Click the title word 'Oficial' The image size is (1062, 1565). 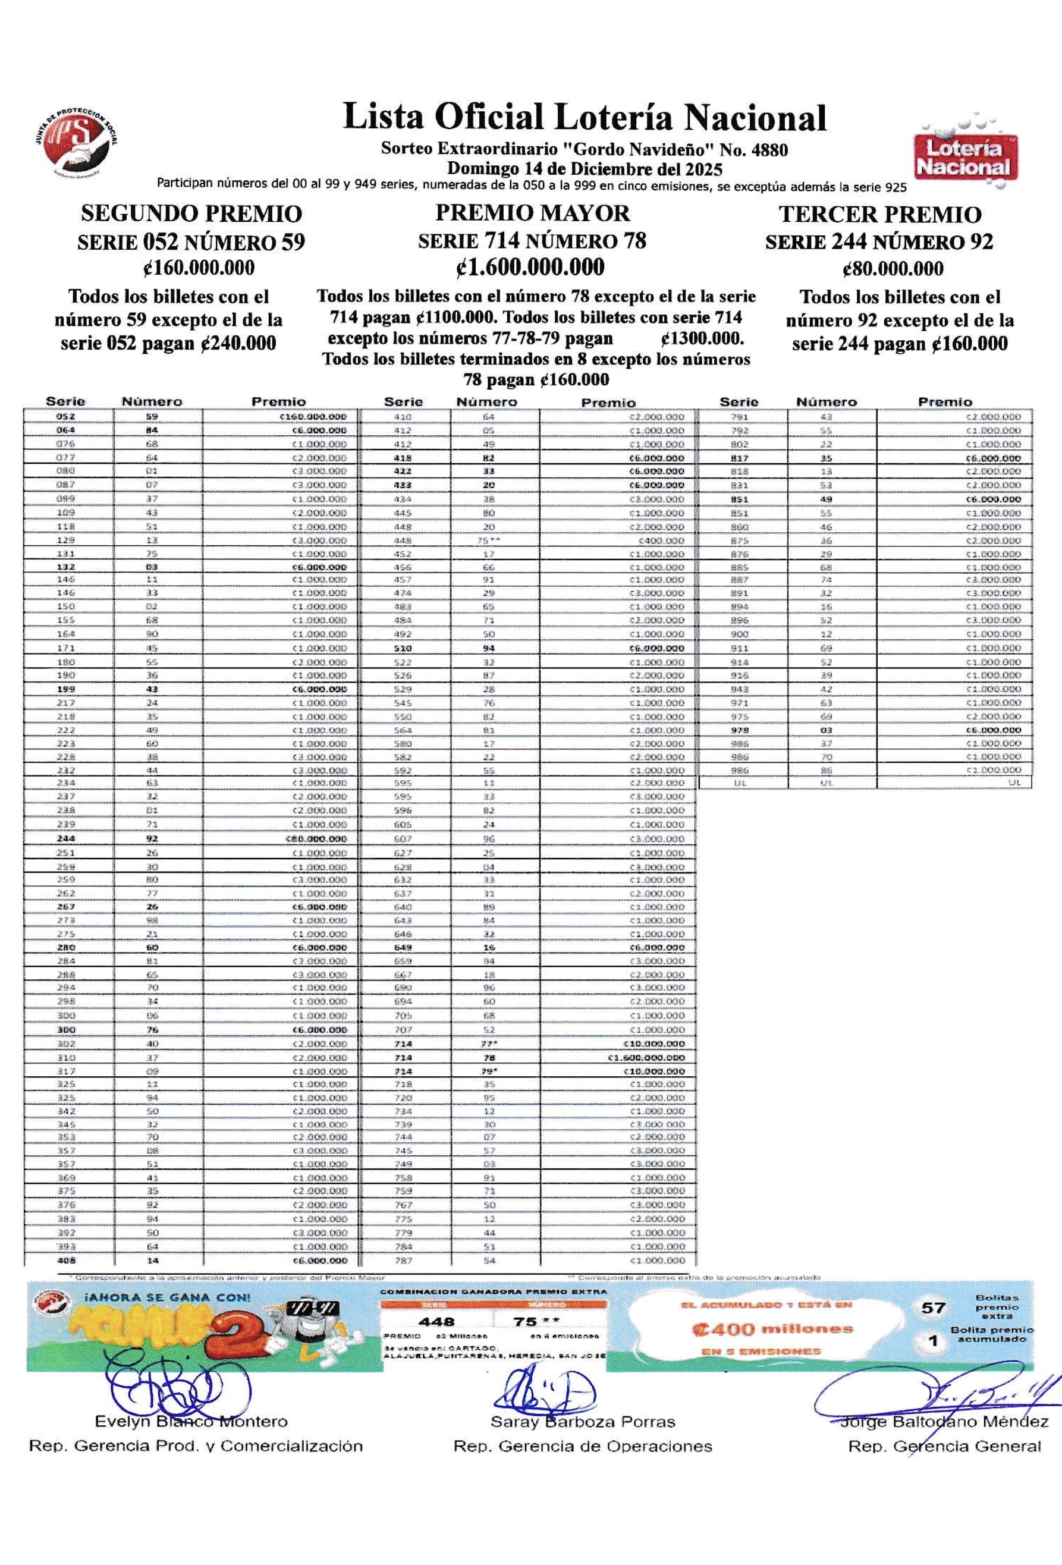pyautogui.click(x=489, y=117)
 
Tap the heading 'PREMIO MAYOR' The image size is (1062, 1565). pyautogui.click(x=532, y=213)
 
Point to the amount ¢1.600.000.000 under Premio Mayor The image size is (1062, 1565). pyautogui.click(x=530, y=268)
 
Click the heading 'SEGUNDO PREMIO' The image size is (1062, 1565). pyautogui.click(x=191, y=213)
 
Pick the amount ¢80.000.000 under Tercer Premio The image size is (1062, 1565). pyautogui.click(x=893, y=269)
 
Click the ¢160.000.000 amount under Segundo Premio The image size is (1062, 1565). pyautogui.click(x=199, y=268)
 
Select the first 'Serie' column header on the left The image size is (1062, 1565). pyautogui.click(x=65, y=401)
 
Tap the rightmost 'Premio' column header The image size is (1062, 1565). pyautogui.click(x=945, y=401)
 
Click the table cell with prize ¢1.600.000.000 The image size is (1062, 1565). pyautogui.click(x=646, y=1058)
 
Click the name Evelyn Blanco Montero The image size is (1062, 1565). pyautogui.click(x=191, y=1422)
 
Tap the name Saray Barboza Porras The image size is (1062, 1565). pyautogui.click(x=583, y=1422)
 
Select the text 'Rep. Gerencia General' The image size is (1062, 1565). pyautogui.click(x=944, y=1447)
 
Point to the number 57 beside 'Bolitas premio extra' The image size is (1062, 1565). pyautogui.click(x=934, y=1308)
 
